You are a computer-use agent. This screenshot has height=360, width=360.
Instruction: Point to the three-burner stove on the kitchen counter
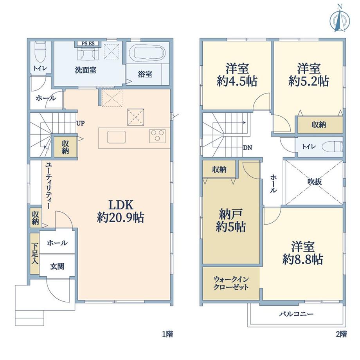coord(157,136)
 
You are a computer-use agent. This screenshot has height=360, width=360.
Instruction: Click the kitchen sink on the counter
coord(116,137)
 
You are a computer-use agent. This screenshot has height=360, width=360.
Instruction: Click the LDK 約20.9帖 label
coord(121,211)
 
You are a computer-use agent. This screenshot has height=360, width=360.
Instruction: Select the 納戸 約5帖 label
coord(231,220)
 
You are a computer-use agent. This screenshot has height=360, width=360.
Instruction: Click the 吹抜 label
coord(315,182)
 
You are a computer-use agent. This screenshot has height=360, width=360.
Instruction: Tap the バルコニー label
coord(296,314)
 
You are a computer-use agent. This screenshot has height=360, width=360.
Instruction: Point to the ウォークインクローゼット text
coord(231,284)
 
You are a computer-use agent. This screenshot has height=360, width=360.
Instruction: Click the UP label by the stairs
coord(80,123)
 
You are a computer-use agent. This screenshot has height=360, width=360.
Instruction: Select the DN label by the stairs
coord(247,148)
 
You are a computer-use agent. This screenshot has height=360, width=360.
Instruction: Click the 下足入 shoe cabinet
coord(35,254)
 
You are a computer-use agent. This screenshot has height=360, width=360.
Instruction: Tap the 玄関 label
coord(57,267)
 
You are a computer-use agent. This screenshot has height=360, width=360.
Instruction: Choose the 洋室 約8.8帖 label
coord(303,253)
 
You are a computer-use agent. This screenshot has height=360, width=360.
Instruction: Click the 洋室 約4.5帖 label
coord(237,75)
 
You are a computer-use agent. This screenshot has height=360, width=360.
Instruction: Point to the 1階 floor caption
coord(167,334)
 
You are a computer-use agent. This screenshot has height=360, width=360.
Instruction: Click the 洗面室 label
coord(86,70)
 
